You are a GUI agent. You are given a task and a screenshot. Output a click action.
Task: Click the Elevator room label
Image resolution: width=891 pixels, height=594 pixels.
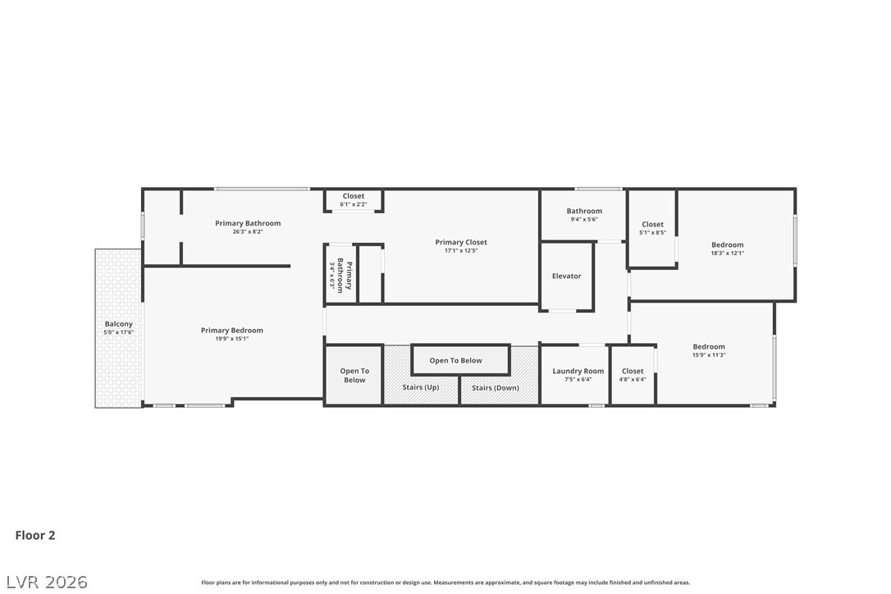[x=566, y=276]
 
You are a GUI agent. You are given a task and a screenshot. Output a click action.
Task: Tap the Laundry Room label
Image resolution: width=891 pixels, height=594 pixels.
[x=578, y=372]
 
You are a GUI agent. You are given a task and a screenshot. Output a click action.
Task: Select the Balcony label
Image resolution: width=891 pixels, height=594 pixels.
[x=118, y=324]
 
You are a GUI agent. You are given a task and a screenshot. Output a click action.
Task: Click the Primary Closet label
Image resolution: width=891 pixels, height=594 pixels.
[x=461, y=243]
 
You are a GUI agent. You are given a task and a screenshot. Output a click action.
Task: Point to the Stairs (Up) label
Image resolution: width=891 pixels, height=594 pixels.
[x=420, y=388]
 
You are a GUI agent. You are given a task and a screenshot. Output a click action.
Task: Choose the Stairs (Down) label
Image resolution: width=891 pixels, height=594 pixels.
[x=495, y=388]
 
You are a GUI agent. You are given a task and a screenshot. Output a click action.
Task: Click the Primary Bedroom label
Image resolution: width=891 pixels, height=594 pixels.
[x=232, y=331]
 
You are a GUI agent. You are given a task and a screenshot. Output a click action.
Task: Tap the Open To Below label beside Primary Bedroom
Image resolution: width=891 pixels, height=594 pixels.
[x=354, y=376]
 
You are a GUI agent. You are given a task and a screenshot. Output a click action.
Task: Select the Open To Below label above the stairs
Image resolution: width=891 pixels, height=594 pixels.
[x=455, y=361]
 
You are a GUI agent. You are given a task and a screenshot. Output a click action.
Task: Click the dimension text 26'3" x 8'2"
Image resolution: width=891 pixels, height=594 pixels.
[x=247, y=232]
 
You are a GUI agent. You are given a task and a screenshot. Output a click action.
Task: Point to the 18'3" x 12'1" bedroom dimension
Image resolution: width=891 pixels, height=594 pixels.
[x=727, y=254]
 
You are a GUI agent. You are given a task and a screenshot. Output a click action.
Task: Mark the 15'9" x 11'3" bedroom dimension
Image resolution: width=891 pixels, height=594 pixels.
[x=708, y=355]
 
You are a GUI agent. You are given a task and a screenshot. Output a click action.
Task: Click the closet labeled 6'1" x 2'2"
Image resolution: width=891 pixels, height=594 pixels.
[x=354, y=197]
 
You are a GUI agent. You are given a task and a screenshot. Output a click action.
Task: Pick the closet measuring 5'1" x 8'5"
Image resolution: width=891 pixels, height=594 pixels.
[x=652, y=225]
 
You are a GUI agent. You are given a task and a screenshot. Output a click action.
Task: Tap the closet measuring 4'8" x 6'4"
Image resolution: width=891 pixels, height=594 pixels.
[x=633, y=372]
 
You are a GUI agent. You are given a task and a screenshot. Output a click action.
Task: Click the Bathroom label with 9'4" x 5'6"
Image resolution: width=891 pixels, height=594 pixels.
[x=584, y=212]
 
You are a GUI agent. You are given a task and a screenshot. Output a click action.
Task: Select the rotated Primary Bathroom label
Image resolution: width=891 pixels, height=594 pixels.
[x=345, y=276]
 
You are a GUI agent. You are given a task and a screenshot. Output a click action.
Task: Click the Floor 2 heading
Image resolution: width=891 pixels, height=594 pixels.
[x=35, y=536]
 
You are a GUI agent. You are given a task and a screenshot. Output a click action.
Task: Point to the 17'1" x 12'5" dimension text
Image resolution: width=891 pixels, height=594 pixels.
[x=461, y=251]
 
